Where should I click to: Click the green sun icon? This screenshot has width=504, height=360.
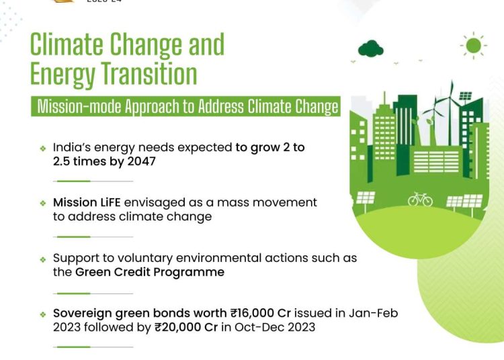tap(474, 45)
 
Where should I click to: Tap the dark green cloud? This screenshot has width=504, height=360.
tap(370, 48)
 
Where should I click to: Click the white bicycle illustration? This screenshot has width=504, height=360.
tap(420, 199)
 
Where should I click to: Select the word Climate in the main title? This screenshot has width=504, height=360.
tap(67, 44)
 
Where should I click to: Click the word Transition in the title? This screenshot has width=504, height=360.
tap(149, 73)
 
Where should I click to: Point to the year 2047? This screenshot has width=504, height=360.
tap(141, 161)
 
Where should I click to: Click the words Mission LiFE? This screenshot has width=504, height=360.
tap(87, 202)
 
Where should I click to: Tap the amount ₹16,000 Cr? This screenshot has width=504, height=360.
tap(260, 313)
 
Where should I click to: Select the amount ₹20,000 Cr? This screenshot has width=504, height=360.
tap(186, 327)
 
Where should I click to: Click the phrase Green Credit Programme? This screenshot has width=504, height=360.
tap(149, 272)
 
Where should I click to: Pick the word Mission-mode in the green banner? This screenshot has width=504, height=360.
tap(79, 106)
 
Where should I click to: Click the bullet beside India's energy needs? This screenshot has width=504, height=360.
tap(43, 148)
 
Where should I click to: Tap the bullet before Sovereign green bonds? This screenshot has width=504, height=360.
tap(43, 314)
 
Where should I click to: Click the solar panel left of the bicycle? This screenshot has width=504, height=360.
tap(366, 198)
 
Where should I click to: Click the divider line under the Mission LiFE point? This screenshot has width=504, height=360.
tap(93, 237)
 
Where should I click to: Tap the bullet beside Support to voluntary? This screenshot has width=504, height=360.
tap(43, 259)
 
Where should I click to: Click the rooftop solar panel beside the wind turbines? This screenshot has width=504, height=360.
tap(466, 95)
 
